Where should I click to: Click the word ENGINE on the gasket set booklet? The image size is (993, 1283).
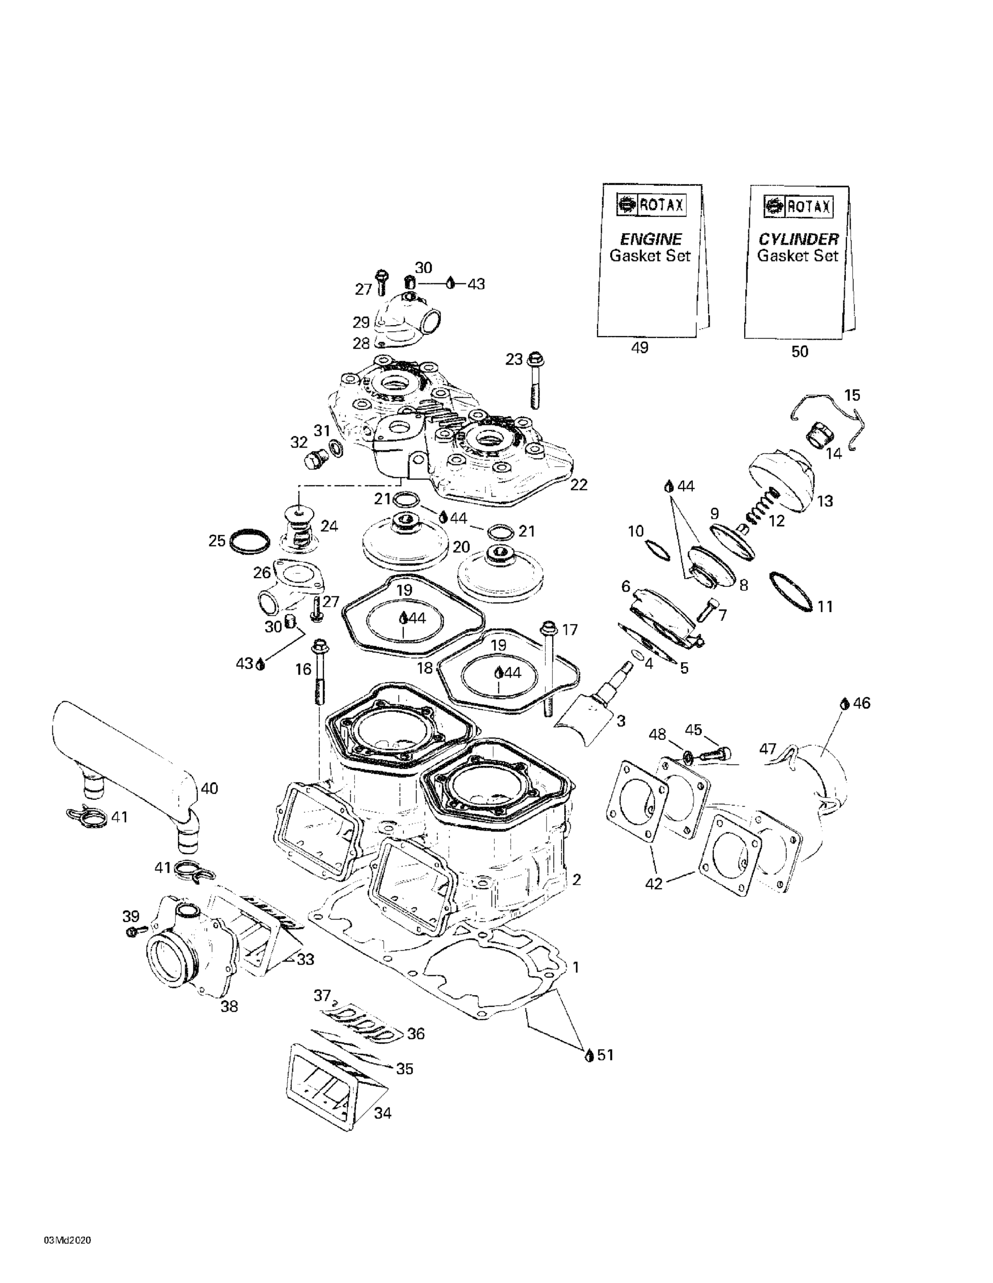(651, 239)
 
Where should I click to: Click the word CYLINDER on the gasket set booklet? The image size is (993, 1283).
(798, 239)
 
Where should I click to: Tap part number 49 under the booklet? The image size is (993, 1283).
(639, 348)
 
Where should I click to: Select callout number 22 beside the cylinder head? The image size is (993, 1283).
(579, 485)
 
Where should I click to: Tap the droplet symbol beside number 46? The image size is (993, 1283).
(844, 703)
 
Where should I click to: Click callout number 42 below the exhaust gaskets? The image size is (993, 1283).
(653, 883)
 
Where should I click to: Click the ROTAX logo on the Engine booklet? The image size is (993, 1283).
(651, 205)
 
